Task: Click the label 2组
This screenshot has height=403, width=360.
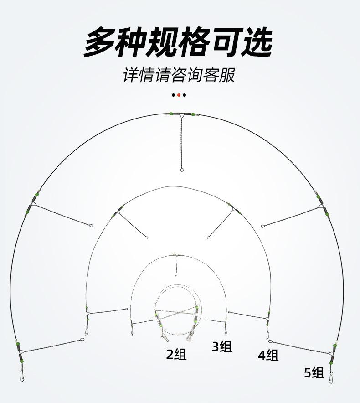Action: (x=176, y=354)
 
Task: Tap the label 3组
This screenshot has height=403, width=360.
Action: (x=222, y=346)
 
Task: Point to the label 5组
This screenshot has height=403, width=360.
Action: (x=314, y=372)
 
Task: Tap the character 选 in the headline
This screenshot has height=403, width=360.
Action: (x=256, y=42)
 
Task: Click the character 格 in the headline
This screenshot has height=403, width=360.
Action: (x=194, y=42)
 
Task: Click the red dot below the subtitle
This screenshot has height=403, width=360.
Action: (x=179, y=95)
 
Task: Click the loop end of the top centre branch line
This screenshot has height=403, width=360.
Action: (x=181, y=170)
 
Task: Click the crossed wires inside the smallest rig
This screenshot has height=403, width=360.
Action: (x=177, y=315)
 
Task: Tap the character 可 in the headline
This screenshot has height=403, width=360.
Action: (x=225, y=42)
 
